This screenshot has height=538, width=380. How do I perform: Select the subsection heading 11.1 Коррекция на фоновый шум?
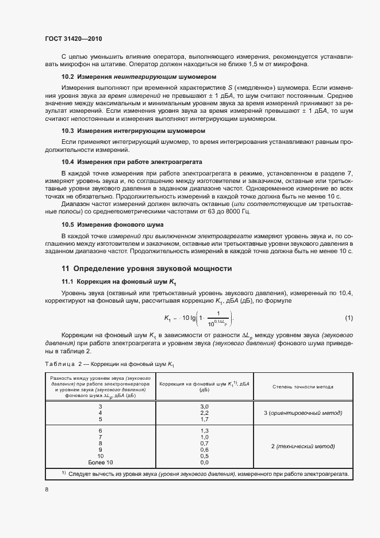pyautogui.click(x=118, y=281)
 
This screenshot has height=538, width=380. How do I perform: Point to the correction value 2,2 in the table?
pyautogui.click(x=204, y=413)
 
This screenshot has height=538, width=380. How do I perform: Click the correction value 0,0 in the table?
pyautogui.click(x=204, y=462)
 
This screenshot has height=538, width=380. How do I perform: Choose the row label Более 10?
pyautogui.click(x=101, y=462)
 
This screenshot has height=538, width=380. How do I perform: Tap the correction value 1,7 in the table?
pyautogui.click(x=204, y=419)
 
